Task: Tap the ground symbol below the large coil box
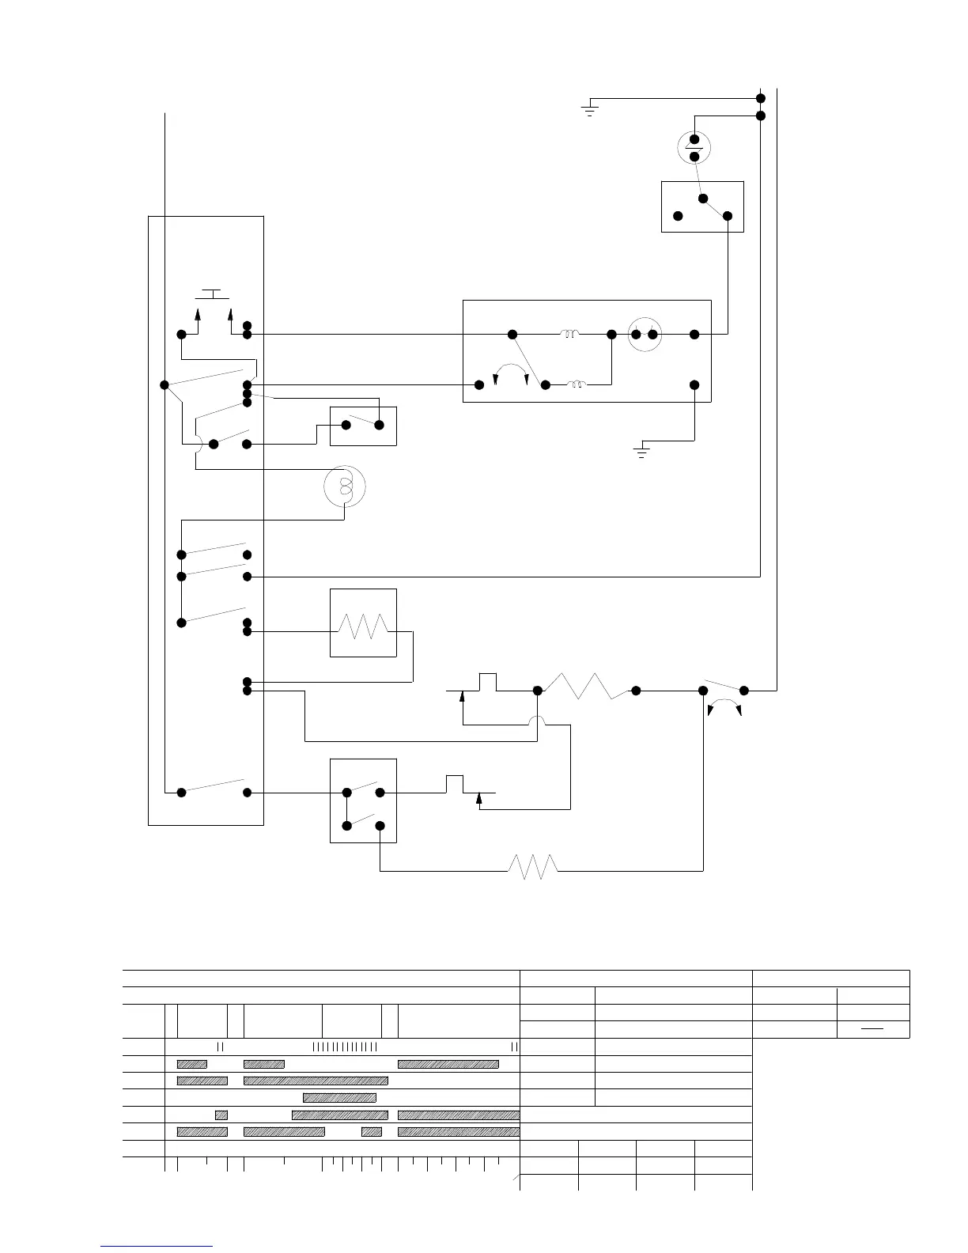(641, 451)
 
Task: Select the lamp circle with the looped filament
(345, 485)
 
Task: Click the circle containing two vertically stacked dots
(694, 148)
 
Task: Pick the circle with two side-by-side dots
(645, 335)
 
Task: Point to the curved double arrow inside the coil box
(510, 373)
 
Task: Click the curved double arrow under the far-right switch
(724, 706)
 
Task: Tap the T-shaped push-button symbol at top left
(211, 294)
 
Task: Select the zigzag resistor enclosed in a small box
(363, 629)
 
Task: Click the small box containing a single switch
(363, 426)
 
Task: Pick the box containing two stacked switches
(363, 801)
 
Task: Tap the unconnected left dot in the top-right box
(678, 216)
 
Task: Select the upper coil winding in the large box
(569, 335)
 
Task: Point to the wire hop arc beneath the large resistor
(537, 721)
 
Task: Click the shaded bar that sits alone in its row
(339, 1097)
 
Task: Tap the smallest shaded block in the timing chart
(221, 1115)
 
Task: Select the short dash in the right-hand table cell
(872, 1029)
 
